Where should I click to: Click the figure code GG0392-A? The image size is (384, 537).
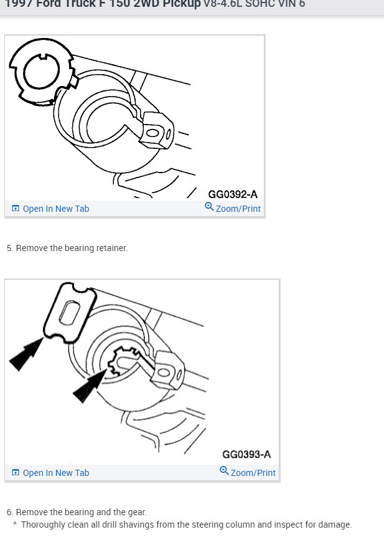tap(232, 194)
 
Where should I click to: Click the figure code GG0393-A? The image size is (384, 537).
tap(246, 455)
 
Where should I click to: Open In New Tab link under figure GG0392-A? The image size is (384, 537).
tap(55, 209)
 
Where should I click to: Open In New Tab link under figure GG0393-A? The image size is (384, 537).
tap(55, 473)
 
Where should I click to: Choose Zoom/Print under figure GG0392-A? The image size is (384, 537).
tap(238, 209)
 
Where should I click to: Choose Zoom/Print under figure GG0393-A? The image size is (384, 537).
tap(253, 473)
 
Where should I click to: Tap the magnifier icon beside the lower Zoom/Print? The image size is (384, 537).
tap(225, 471)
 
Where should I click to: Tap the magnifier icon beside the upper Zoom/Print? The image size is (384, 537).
tap(210, 207)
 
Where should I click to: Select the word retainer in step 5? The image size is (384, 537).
tap(111, 248)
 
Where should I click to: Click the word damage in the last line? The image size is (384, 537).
tap(335, 525)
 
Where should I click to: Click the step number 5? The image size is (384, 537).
tap(9, 248)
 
